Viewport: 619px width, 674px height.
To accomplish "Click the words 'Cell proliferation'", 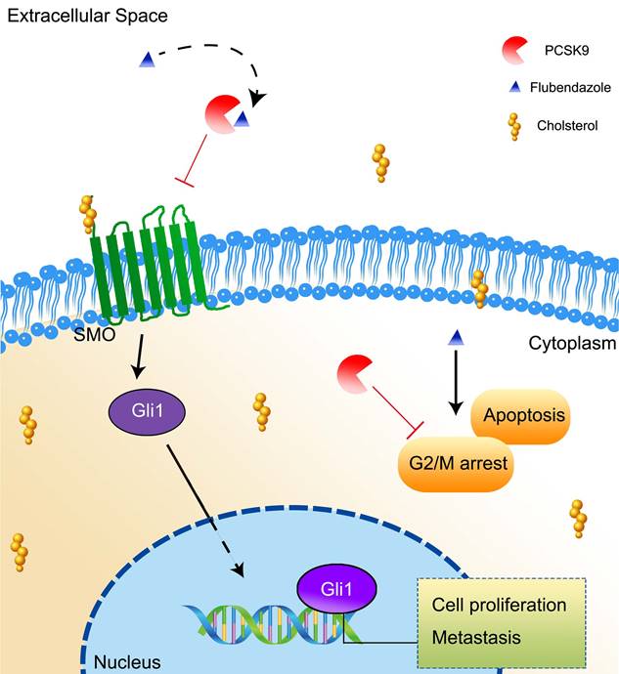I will coord(499,605).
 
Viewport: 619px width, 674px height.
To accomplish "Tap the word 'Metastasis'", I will coord(477,637).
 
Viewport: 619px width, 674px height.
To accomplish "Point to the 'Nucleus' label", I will coord(126,663).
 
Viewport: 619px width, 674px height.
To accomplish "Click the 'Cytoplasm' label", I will coord(572,344).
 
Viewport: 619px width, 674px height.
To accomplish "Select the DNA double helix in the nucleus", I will coord(264,625).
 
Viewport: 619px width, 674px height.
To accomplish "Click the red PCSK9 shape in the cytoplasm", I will coord(355,377).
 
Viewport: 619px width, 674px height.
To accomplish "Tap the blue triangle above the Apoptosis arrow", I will coord(455,338).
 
